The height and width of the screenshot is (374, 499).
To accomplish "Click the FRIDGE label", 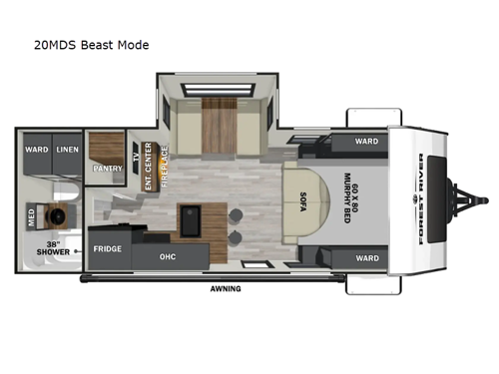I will coord(108,247).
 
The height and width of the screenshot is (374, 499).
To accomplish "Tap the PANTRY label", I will coord(107,169).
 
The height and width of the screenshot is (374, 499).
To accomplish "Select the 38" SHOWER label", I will coord(52,248).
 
